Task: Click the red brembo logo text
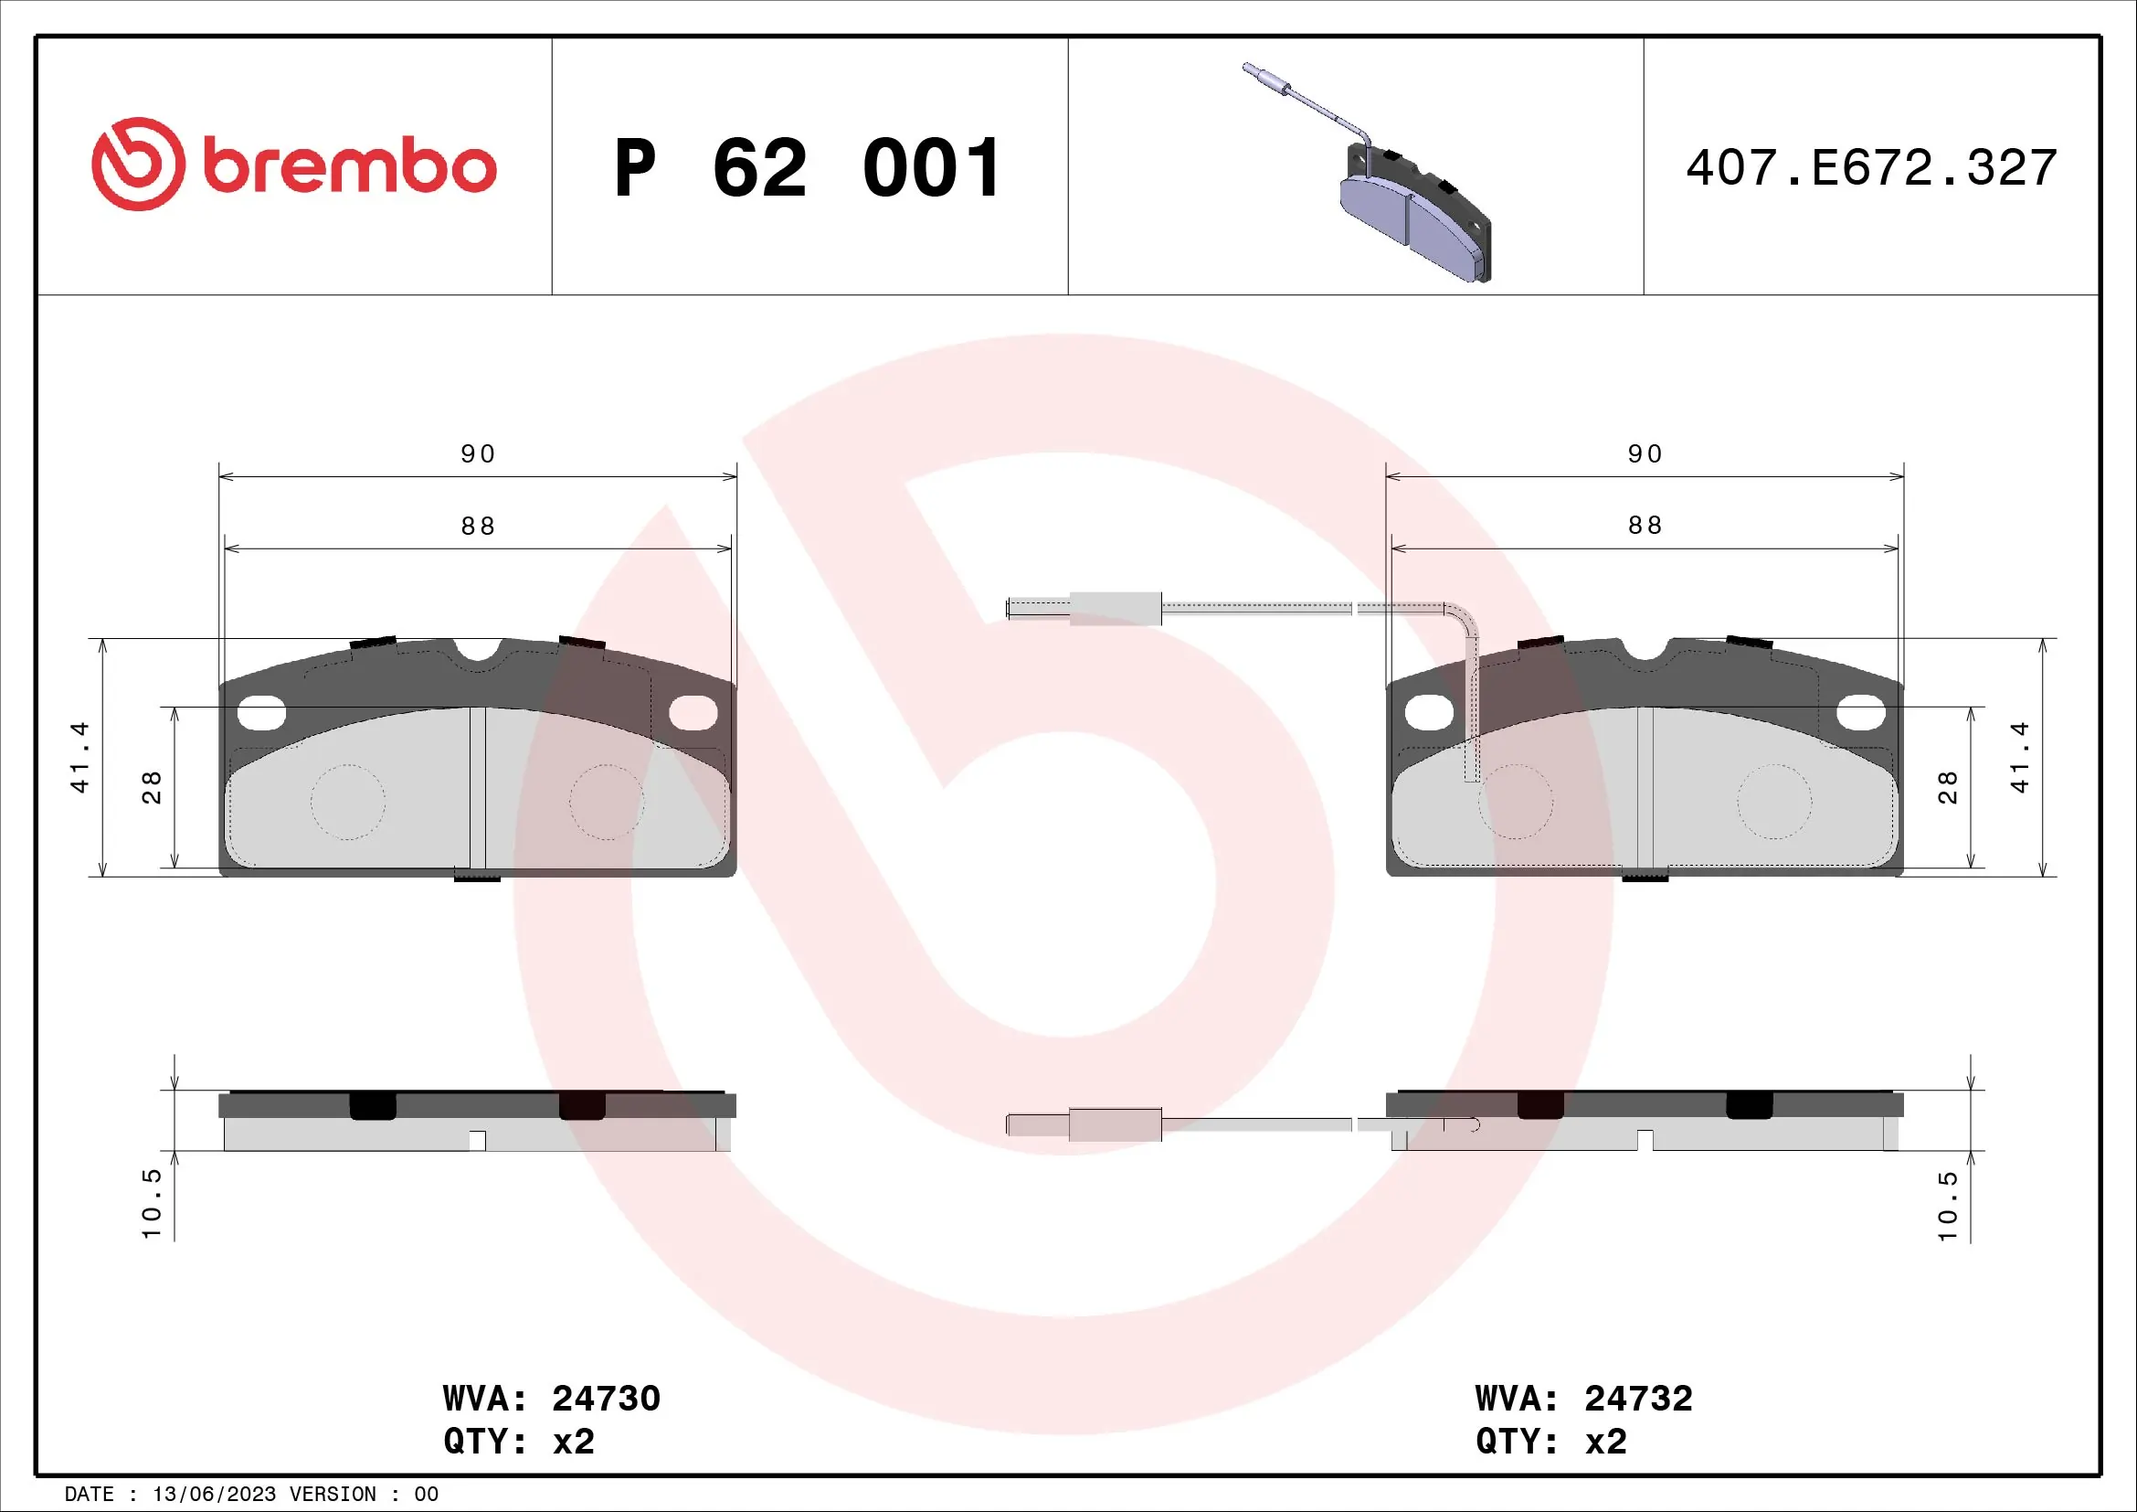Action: tap(348, 167)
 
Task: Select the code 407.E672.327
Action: tap(1871, 168)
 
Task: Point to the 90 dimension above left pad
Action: tap(478, 454)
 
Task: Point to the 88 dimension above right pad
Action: tap(1645, 526)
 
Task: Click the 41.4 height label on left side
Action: tap(80, 757)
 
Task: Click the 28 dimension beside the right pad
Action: tap(1947, 787)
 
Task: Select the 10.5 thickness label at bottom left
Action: tap(152, 1204)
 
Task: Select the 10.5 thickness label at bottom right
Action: tap(1947, 1206)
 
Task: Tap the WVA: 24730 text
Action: tap(551, 1399)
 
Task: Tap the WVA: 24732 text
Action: tap(1583, 1399)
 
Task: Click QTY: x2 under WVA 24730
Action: tap(518, 1442)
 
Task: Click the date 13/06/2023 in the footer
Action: tap(214, 1495)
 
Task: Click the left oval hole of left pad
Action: tap(260, 714)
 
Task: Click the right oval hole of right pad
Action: tap(1860, 714)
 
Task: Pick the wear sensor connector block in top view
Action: tap(1115, 608)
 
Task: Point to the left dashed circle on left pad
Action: tap(347, 802)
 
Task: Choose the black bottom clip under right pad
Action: tap(1645, 875)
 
